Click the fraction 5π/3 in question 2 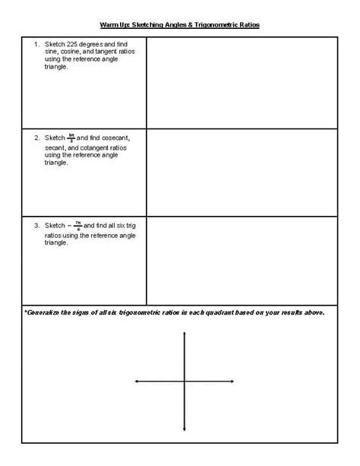coord(71,138)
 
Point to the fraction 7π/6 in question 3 coord(77,226)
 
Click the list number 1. coord(36,44)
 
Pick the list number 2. coord(36,138)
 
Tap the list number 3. coord(36,226)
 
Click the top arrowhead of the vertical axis coord(185,333)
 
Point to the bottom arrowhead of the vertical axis coord(185,430)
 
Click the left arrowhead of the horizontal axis coord(136,382)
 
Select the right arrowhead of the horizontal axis coord(233,382)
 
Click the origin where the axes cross coord(185,382)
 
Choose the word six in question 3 coord(122,226)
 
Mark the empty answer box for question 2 coord(242,173)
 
